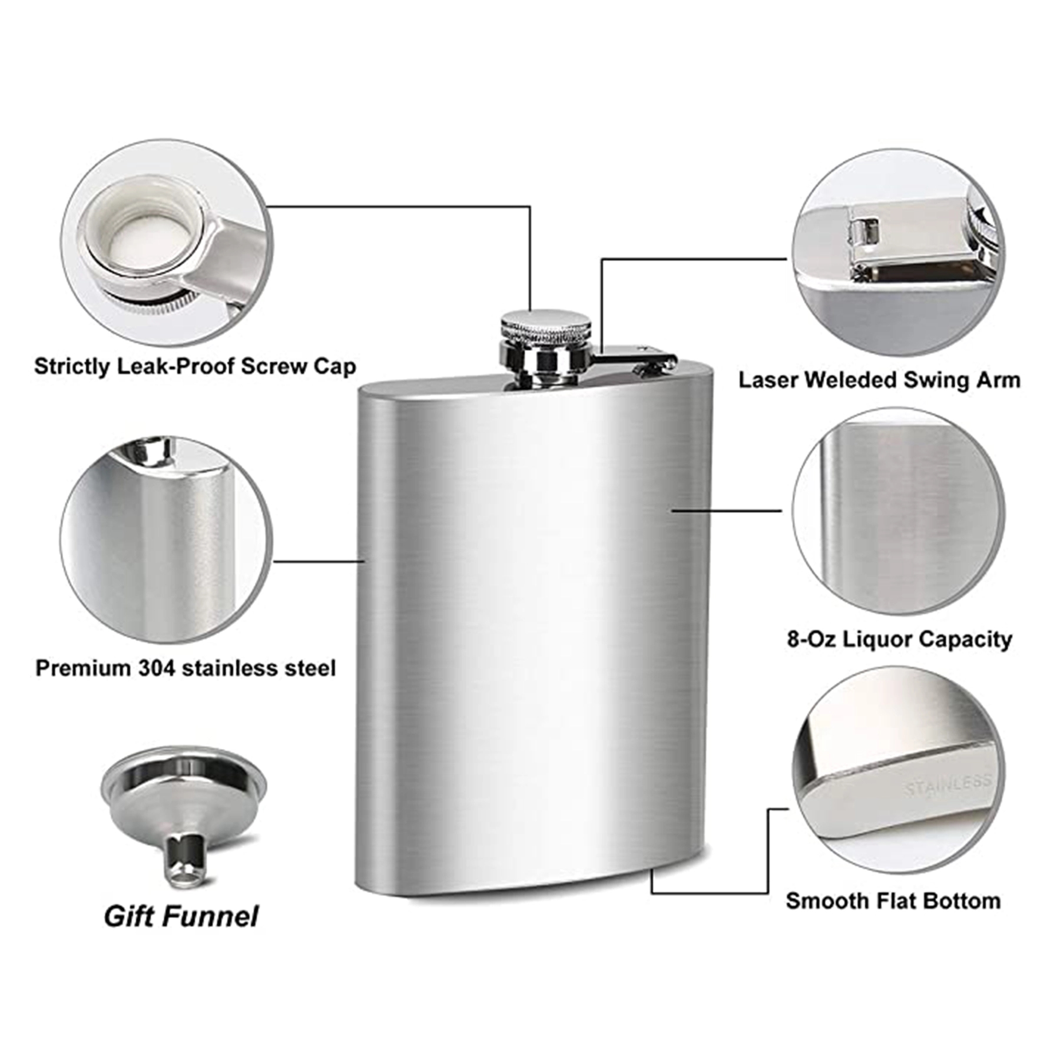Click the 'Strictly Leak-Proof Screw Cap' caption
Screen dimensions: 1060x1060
click(x=195, y=367)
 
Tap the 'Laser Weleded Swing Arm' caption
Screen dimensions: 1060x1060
click(x=880, y=380)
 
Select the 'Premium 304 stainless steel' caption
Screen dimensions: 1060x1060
click(x=185, y=668)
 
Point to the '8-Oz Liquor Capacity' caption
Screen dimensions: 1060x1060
click(x=899, y=639)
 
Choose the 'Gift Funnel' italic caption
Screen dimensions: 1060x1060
click(x=181, y=916)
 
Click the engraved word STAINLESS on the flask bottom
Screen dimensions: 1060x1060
click(x=948, y=784)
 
